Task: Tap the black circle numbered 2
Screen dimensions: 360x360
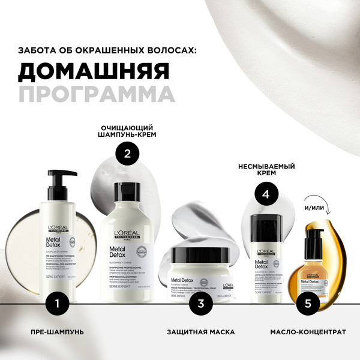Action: (127, 153)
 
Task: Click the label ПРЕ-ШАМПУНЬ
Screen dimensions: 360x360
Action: (57, 331)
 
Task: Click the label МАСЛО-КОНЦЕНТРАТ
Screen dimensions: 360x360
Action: (307, 331)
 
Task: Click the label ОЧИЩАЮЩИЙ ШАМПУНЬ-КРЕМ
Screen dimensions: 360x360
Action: (127, 131)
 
